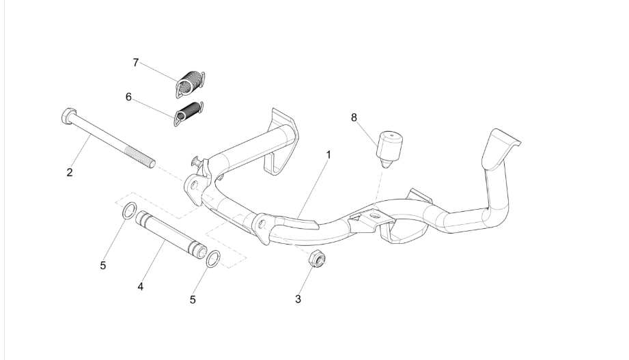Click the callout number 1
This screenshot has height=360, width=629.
[329, 154]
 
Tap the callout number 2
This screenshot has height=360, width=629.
[70, 173]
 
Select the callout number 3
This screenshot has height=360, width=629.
[298, 299]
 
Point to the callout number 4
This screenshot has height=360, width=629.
[141, 286]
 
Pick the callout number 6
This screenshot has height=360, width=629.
[128, 97]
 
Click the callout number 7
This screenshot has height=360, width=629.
[136, 63]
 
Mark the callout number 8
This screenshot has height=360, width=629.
[353, 117]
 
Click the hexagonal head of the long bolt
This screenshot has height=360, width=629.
[68, 115]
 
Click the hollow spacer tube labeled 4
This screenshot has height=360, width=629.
[171, 234]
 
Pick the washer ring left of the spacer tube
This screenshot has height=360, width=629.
[129, 210]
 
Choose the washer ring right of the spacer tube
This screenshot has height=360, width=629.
[213, 258]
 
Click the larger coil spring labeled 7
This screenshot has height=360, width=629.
[190, 83]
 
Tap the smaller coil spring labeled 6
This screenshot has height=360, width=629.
[188, 113]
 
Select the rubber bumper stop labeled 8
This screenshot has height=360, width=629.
[389, 149]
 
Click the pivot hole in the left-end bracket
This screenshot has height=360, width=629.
[194, 185]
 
